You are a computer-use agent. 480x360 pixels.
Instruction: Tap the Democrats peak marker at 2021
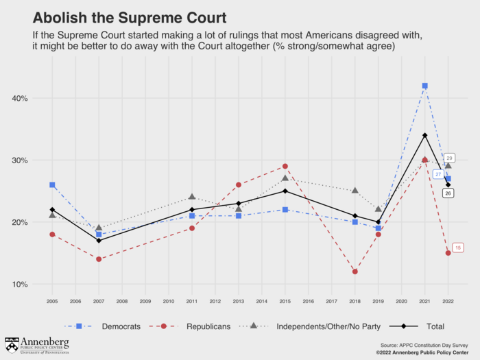424,86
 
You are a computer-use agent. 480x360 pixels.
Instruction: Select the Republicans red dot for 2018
355,272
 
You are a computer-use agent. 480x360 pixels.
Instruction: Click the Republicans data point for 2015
285,167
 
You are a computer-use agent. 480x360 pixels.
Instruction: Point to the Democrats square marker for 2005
52,185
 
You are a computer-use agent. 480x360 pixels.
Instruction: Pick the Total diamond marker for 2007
99,241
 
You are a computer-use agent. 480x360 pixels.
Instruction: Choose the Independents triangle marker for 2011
192,197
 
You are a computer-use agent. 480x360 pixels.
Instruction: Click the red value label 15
458,247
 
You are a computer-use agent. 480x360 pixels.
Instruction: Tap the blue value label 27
438,174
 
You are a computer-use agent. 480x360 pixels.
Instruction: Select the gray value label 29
450,158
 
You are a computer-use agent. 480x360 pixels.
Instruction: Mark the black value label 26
448,194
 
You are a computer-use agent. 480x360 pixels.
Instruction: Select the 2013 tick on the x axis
238,300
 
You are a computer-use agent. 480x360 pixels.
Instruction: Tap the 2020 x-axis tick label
401,300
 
